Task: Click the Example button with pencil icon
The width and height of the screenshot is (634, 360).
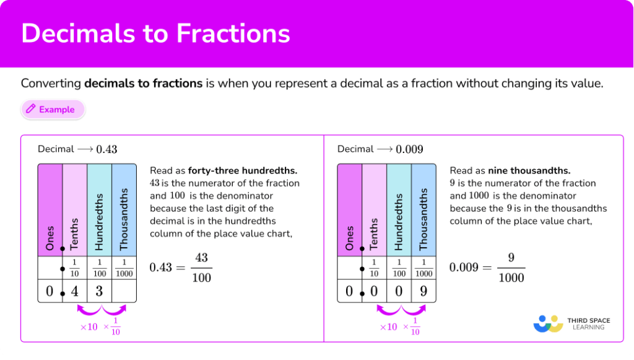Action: click(x=53, y=110)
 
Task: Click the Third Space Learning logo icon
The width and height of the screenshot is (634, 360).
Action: click(x=548, y=323)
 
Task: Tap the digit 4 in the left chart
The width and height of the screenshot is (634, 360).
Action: click(x=75, y=291)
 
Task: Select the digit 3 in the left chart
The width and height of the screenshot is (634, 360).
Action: click(x=99, y=291)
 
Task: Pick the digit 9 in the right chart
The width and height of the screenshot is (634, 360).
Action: click(x=423, y=291)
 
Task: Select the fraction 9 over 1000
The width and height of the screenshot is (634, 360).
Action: click(x=511, y=267)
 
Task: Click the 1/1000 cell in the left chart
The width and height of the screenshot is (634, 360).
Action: click(x=124, y=268)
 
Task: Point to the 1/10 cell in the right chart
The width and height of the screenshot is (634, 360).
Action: click(x=374, y=268)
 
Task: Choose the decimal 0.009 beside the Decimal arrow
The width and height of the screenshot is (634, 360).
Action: click(x=409, y=149)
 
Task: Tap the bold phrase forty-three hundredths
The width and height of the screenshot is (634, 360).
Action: click(x=243, y=170)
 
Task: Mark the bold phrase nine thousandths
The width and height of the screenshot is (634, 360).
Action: click(x=529, y=170)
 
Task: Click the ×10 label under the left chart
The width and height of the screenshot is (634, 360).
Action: click(x=89, y=327)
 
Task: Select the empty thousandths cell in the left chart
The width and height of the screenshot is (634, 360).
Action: click(x=124, y=291)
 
